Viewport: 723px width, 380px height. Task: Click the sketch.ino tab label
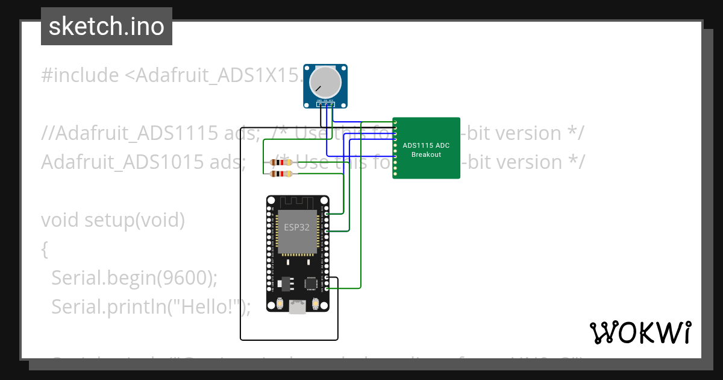point(106,27)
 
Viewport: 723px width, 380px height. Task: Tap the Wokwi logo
point(639,332)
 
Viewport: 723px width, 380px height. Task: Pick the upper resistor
point(281,162)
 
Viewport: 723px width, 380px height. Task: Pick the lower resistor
point(281,174)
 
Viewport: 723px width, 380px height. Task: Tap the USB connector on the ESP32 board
point(297,307)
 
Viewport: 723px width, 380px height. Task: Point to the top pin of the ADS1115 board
point(395,122)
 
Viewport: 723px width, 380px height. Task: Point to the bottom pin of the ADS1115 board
point(395,175)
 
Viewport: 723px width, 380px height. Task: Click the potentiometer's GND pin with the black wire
point(320,104)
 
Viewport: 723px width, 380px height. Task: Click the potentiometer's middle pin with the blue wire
point(326,104)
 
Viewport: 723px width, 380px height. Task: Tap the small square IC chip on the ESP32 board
point(311,283)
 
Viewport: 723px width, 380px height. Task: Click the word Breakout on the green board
point(426,154)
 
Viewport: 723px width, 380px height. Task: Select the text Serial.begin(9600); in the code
point(134,277)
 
